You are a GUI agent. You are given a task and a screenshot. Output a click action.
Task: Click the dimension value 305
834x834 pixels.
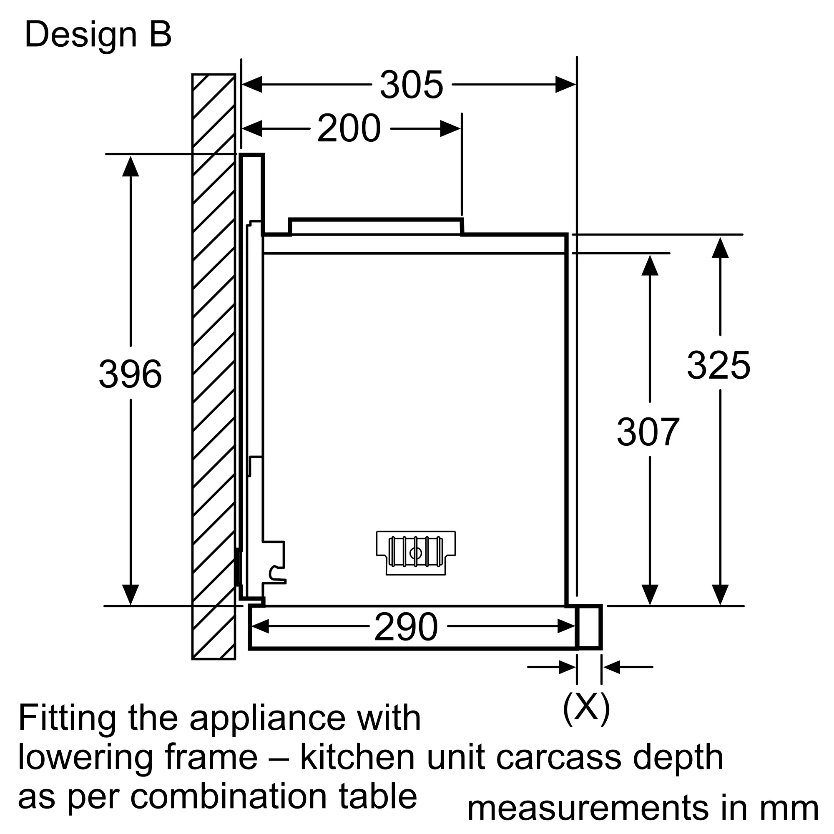click(411, 85)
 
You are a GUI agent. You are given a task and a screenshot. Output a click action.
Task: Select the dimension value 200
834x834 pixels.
click(349, 128)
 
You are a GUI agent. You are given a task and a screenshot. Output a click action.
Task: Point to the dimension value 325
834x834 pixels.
click(719, 366)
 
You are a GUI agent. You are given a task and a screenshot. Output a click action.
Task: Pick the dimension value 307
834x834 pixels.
click(648, 432)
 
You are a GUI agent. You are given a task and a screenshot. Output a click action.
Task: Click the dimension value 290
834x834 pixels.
click(406, 627)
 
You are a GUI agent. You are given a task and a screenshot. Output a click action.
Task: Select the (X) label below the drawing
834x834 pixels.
click(586, 708)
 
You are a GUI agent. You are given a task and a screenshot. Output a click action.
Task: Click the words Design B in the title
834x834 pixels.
click(98, 35)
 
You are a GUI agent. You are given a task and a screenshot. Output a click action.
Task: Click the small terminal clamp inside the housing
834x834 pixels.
click(416, 553)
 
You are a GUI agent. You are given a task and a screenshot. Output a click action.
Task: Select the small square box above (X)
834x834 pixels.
click(589, 627)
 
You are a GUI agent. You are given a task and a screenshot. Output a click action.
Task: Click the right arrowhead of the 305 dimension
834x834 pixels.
click(565, 85)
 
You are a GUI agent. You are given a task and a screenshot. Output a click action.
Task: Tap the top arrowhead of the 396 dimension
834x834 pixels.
click(131, 167)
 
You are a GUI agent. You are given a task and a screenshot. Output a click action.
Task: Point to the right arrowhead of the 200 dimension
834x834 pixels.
click(450, 128)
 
